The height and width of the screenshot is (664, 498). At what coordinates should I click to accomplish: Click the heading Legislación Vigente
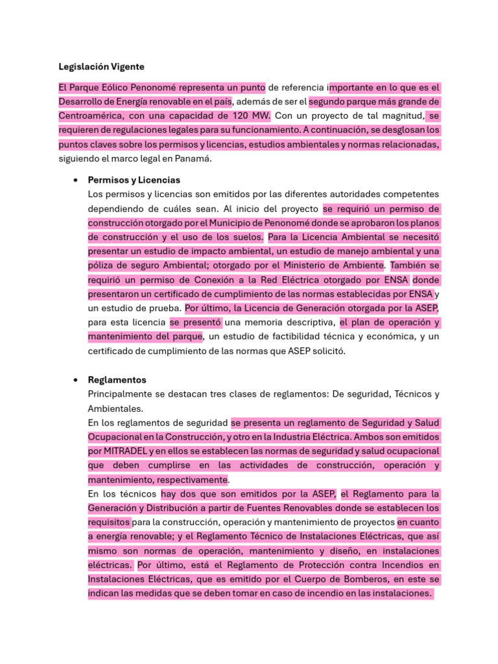tap(101, 67)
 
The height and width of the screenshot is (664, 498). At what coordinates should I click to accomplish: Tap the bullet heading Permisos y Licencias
tap(134, 180)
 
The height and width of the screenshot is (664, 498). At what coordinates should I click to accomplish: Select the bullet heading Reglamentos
tap(117, 380)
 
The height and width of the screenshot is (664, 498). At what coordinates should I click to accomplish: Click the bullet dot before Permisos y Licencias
tap(77, 180)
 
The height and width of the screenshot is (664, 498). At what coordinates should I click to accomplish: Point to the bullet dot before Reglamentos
tap(77, 380)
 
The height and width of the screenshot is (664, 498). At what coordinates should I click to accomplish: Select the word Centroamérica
tap(90, 116)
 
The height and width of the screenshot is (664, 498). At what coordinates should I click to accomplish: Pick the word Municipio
tap(223, 223)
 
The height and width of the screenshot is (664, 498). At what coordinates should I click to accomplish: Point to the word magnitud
tap(402, 116)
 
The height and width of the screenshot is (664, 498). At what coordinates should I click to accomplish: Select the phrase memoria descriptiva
tap(296, 322)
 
